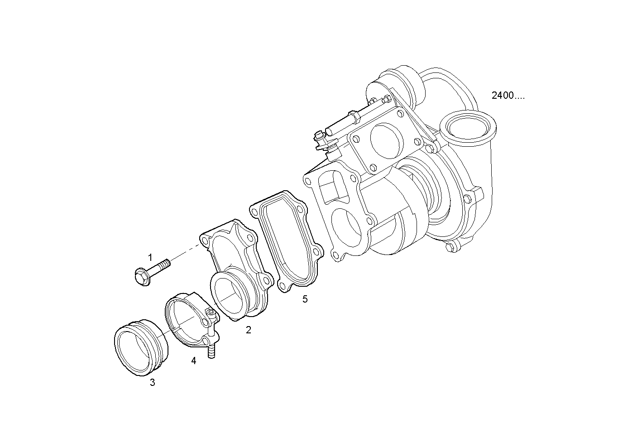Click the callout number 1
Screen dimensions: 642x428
[150, 257]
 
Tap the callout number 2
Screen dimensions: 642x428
[249, 330]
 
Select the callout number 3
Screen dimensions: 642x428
[153, 382]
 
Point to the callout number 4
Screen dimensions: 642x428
[194, 361]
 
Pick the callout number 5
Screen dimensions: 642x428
[305, 299]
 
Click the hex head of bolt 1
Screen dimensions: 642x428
[142, 277]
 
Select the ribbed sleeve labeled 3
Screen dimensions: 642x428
[141, 347]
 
